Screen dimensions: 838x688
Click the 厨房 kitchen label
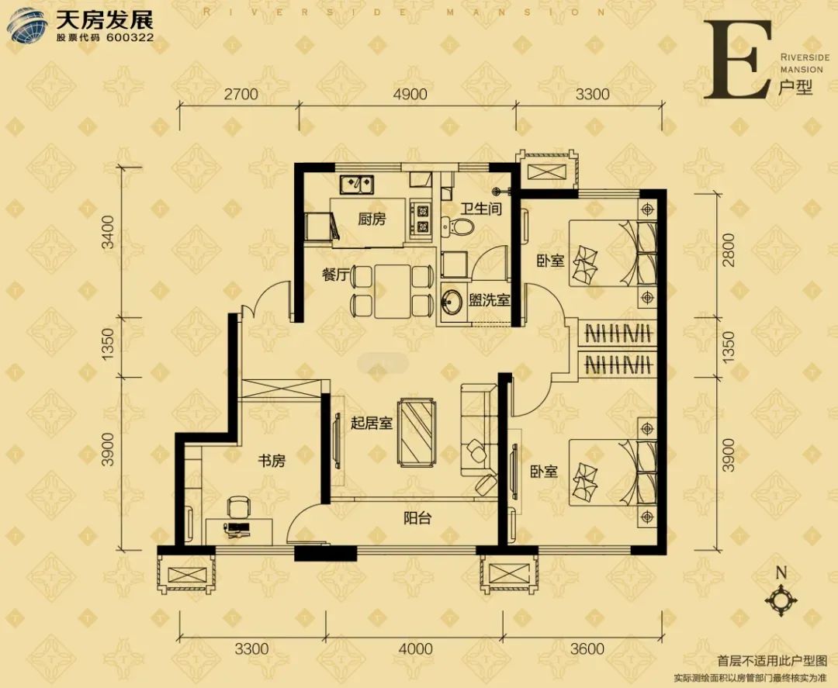click(372, 219)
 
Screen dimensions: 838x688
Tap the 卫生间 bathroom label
click(482, 209)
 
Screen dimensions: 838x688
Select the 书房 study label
click(272, 461)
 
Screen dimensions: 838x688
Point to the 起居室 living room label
click(372, 423)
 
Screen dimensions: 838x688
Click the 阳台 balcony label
click(417, 517)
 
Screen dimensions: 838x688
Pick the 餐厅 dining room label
click(336, 275)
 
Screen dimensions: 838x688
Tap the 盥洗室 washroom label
click(490, 299)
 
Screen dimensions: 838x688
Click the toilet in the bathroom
click(458, 227)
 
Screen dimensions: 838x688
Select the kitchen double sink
click(357, 185)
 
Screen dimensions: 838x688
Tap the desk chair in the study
click(237, 507)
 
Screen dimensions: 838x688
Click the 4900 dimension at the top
click(410, 94)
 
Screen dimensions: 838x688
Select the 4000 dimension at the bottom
click(416, 649)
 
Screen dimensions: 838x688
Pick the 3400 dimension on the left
click(109, 233)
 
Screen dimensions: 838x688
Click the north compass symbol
click(781, 598)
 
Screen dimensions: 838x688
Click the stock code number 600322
click(130, 38)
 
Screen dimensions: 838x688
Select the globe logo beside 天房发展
click(27, 25)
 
